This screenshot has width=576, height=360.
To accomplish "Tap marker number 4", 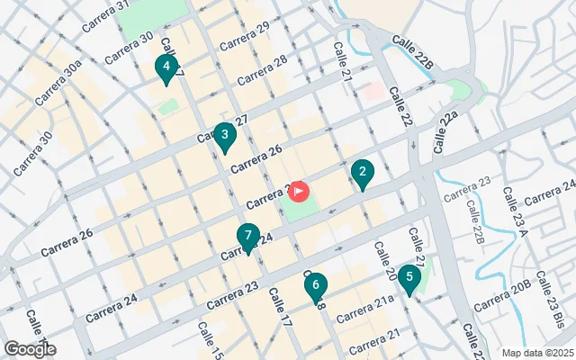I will [x=166, y=67].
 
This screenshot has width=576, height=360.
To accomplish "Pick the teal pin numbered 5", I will [x=409, y=278].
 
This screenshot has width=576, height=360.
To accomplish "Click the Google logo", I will [x=30, y=349].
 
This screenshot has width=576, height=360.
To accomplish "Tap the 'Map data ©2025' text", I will [x=536, y=353].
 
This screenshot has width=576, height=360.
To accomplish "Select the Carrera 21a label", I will [x=365, y=307].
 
